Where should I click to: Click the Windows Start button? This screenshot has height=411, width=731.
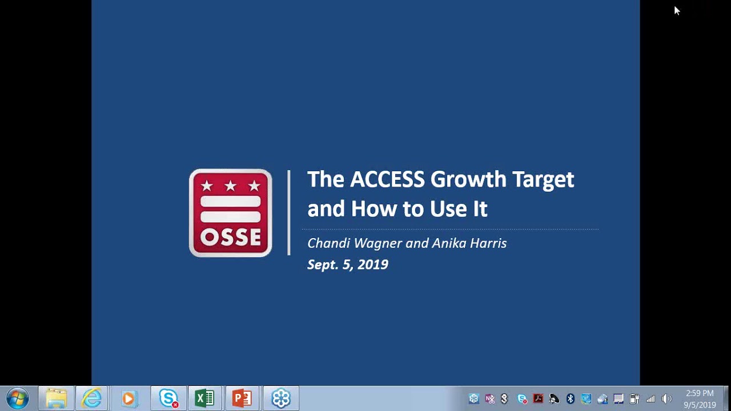[x=17, y=398]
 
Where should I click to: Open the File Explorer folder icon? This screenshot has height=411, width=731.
[x=56, y=398]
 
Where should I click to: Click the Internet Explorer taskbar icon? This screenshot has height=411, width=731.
[x=92, y=398]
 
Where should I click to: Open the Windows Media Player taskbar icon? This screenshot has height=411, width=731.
[x=129, y=398]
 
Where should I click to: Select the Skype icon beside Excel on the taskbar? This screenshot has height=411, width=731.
[x=168, y=398]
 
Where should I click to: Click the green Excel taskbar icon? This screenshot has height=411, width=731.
[x=204, y=398]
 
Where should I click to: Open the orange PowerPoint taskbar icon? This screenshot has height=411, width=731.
[x=242, y=398]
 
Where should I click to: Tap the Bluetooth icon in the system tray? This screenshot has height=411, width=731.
[x=570, y=399]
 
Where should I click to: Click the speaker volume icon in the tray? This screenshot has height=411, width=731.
[x=666, y=399]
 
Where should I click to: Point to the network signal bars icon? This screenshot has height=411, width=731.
[x=650, y=399]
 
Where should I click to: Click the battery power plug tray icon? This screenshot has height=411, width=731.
[x=634, y=399]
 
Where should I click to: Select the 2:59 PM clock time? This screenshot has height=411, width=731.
[x=700, y=393]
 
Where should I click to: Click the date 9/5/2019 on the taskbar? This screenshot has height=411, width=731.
[x=700, y=405]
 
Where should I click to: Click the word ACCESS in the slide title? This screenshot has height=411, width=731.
[x=387, y=179]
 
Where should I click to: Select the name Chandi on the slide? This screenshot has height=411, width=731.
[x=329, y=243]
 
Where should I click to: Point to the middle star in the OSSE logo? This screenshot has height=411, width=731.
[x=230, y=186]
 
